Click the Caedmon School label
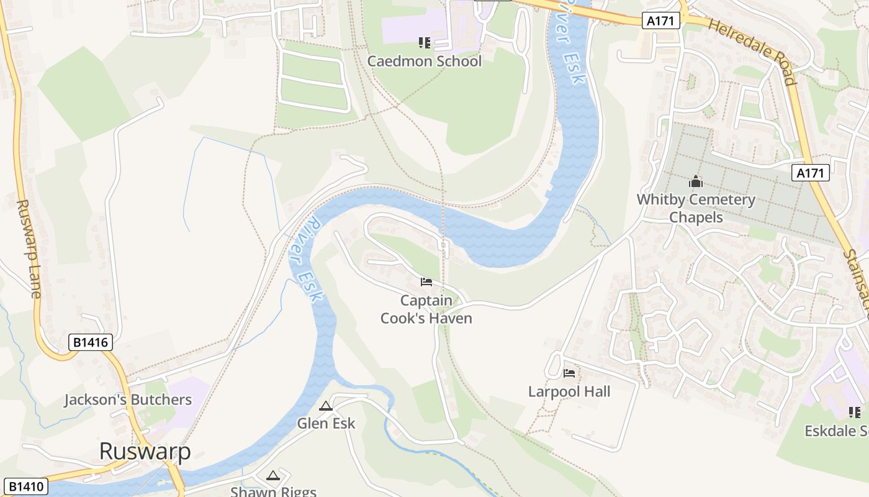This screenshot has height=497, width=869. [424, 61]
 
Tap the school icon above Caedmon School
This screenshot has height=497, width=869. [425, 43]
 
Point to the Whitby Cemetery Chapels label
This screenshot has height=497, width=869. [696, 208]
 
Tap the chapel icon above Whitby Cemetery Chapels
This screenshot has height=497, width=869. [696, 181]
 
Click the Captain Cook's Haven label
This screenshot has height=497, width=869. [426, 309]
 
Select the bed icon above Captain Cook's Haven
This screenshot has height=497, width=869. [426, 282]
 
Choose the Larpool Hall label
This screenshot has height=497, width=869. [569, 391]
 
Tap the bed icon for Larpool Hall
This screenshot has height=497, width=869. [569, 373]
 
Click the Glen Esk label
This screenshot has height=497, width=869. [326, 423]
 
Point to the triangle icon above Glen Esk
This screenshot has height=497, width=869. [326, 406]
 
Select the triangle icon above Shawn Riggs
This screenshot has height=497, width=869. [272, 476]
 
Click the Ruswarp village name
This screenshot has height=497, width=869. [145, 452]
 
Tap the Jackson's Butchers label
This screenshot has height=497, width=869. [128, 399]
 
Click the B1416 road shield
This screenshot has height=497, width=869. [90, 342]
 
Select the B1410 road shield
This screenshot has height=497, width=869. [25, 486]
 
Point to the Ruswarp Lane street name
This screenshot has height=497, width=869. [27, 248]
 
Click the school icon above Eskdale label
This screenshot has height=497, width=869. [855, 413]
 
